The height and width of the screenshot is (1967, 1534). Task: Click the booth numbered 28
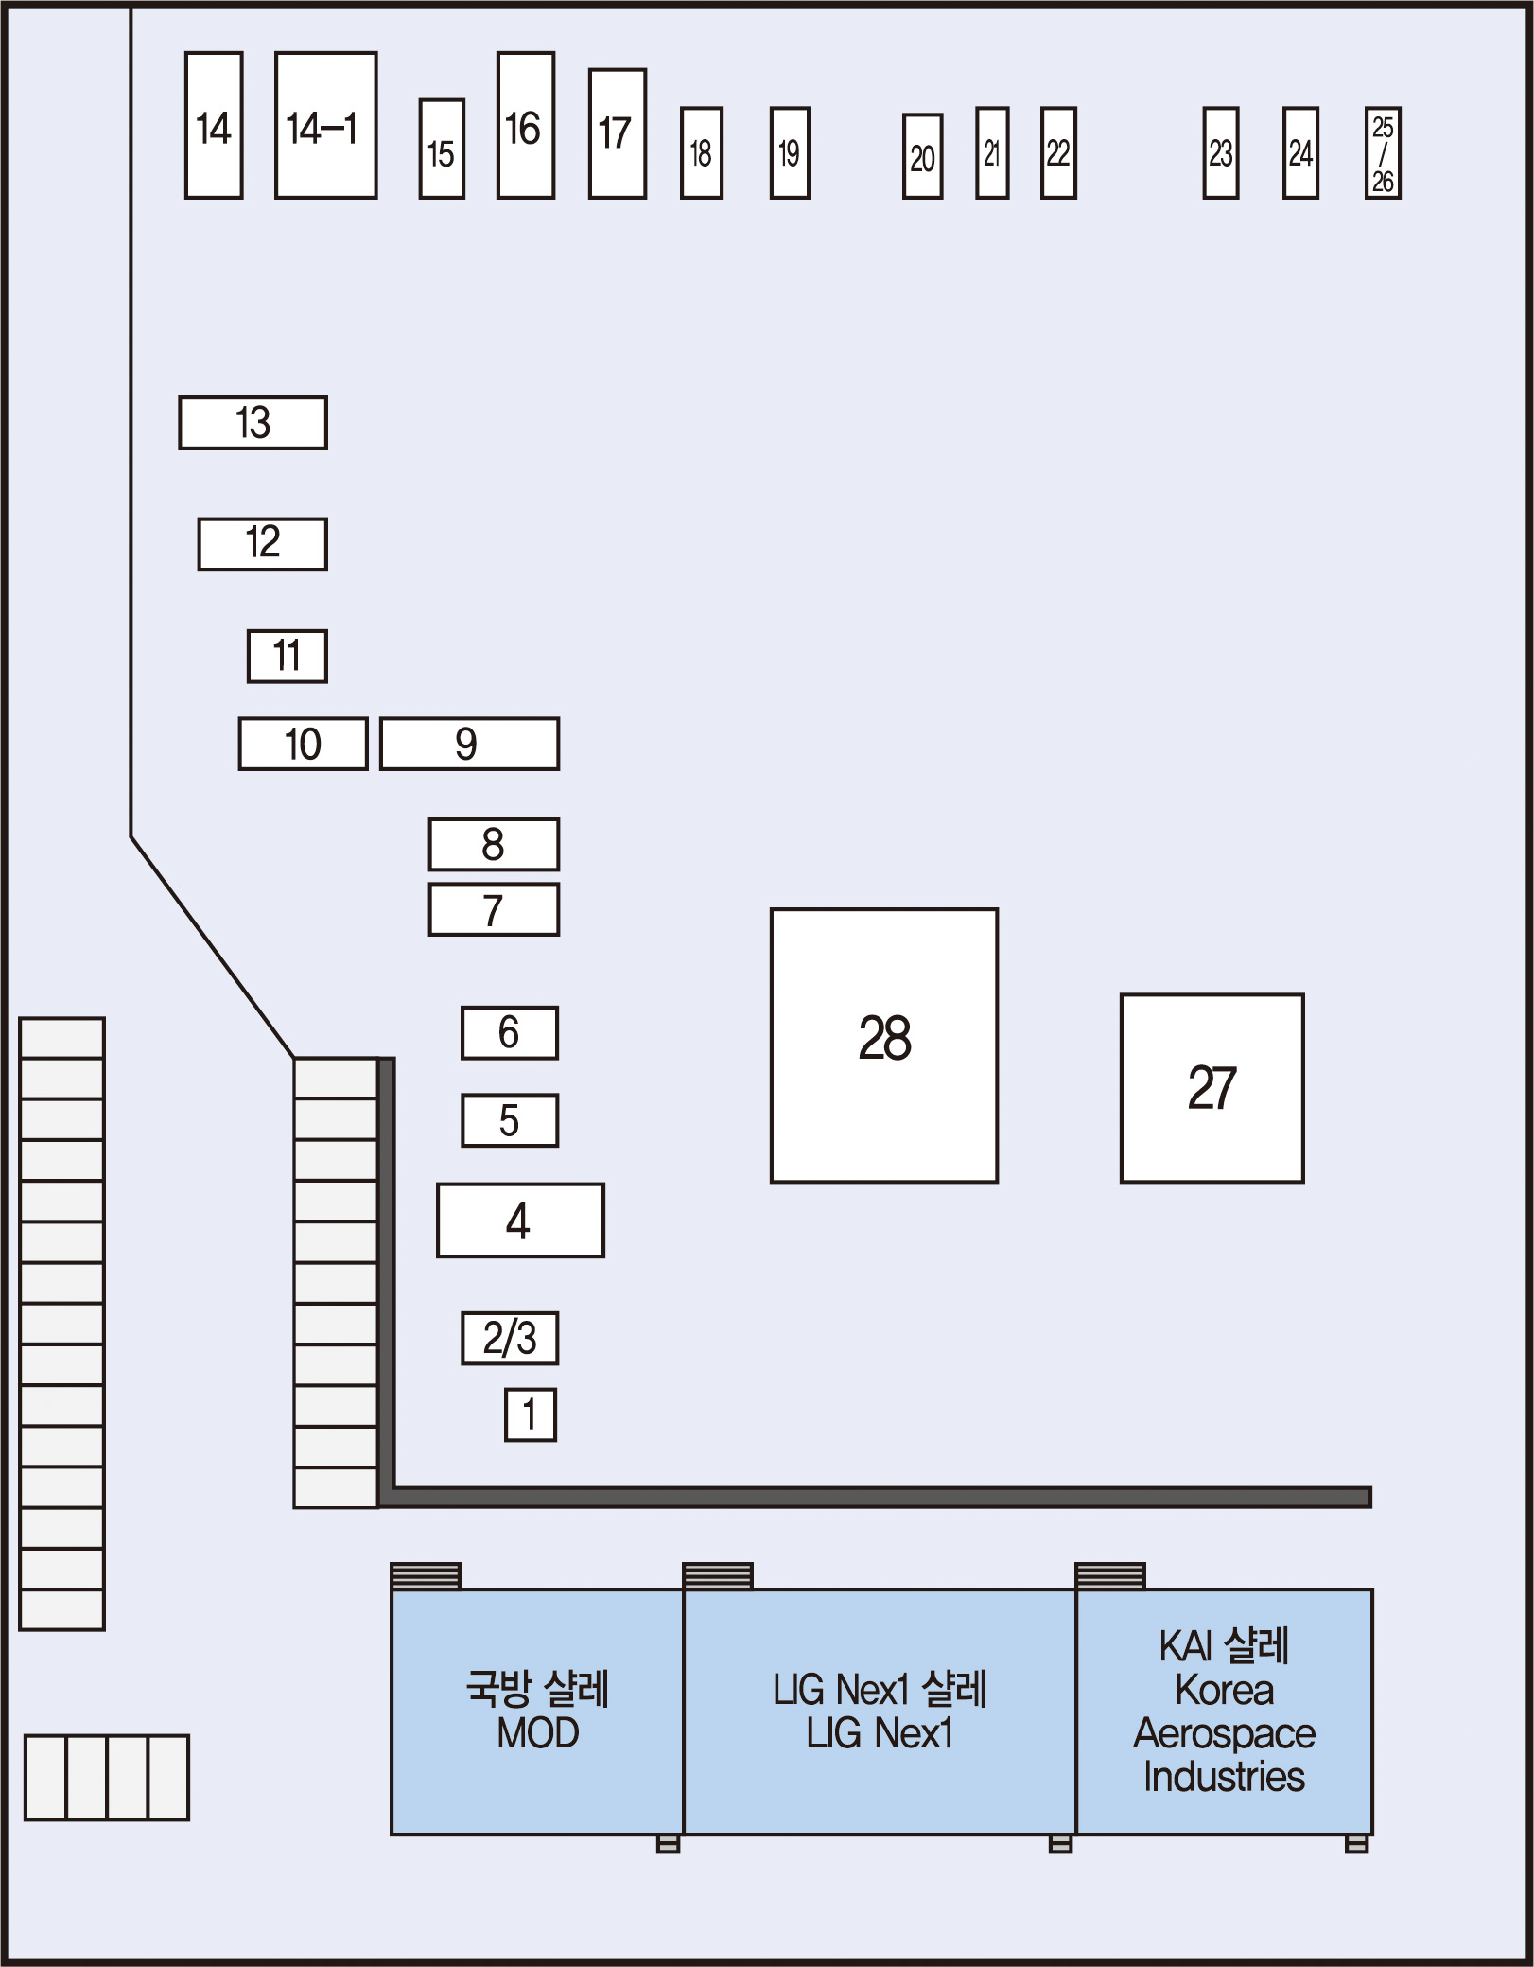(883, 1045)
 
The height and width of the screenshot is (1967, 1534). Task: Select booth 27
(1212, 1087)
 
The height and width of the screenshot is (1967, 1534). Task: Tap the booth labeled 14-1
(325, 125)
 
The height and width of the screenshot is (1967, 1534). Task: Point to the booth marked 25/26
(1383, 153)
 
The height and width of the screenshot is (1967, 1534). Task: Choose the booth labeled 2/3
(510, 1338)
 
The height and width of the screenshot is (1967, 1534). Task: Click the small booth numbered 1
(530, 1414)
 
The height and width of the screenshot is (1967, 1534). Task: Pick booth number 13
(253, 422)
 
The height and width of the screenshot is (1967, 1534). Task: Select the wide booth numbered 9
(469, 744)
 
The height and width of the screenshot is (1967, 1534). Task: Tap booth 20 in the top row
(922, 156)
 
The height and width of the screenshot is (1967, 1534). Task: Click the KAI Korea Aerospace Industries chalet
(1224, 1712)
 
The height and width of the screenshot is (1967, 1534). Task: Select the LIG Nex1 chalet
(880, 1712)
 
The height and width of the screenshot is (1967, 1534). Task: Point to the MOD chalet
(537, 1712)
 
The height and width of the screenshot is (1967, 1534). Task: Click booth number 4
(520, 1220)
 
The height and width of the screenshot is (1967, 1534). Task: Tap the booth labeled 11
(288, 656)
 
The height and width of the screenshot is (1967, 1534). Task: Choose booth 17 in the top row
(617, 133)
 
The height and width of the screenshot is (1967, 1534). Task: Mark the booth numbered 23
(1220, 153)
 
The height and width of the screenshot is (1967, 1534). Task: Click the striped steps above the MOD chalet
(426, 1575)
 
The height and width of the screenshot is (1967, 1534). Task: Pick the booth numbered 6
(510, 1032)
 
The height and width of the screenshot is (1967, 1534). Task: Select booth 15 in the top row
(442, 149)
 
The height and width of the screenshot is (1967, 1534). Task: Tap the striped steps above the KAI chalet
(1110, 1575)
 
